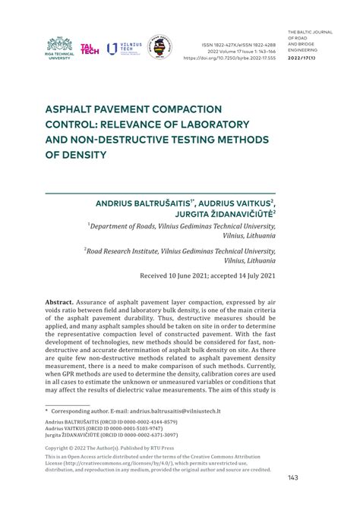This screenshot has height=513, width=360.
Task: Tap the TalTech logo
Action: (90, 48)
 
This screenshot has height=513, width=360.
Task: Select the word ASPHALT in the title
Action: (73, 109)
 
